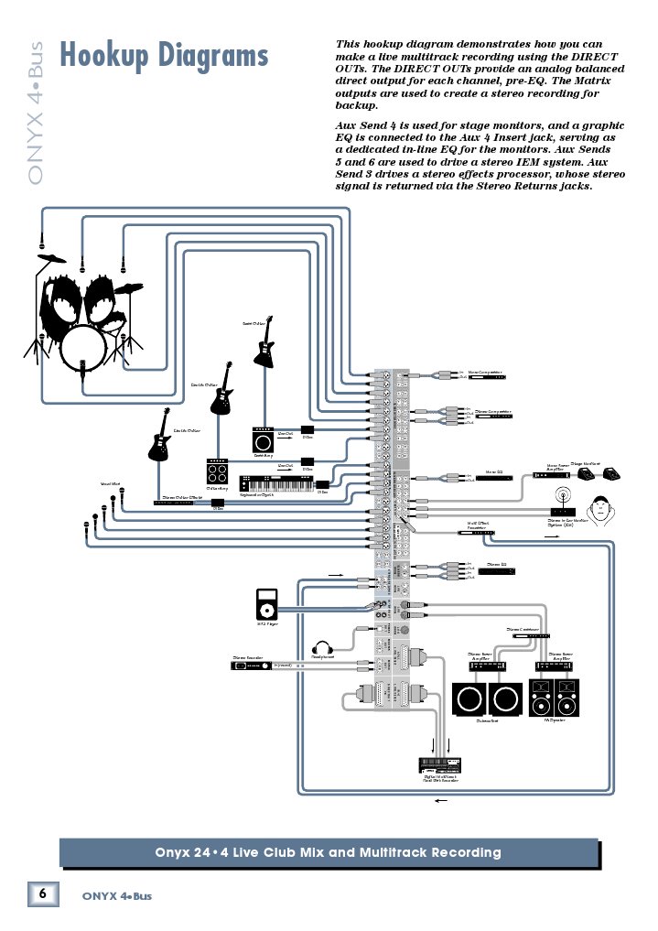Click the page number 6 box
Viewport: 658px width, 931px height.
coord(43,893)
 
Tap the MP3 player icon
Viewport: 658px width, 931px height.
coord(267,603)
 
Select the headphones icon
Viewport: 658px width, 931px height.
coord(321,646)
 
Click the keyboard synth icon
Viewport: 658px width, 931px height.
coord(275,483)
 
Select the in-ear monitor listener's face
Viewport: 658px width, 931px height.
coord(600,510)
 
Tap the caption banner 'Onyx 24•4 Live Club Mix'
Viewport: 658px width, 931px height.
coord(329,852)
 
